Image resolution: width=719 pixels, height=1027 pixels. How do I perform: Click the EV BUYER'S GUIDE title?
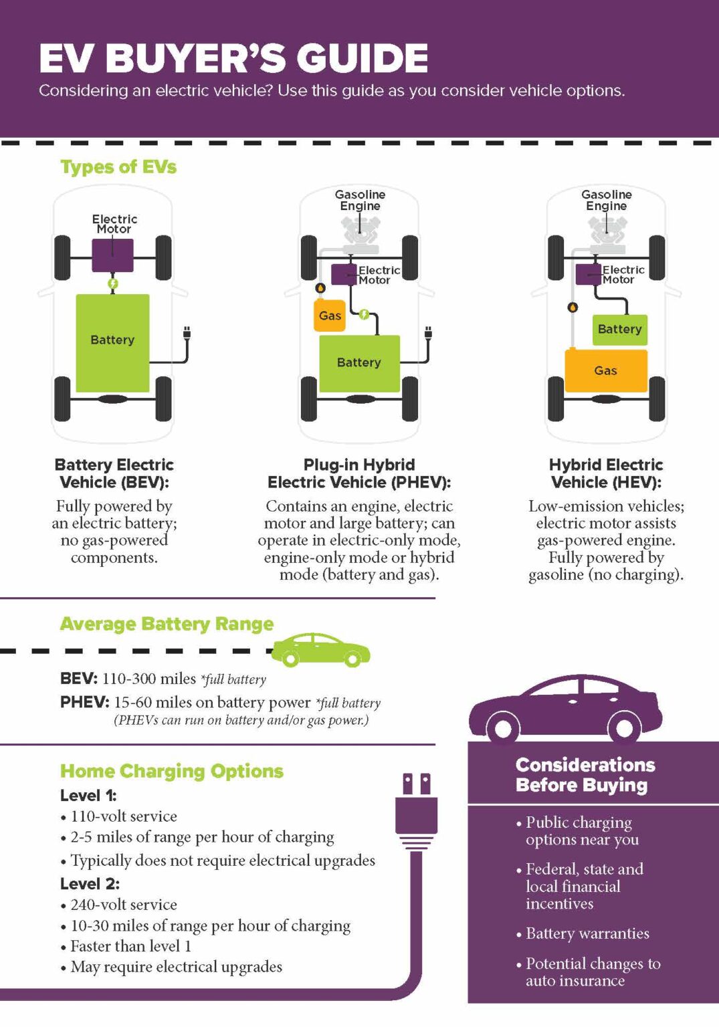pyautogui.click(x=233, y=58)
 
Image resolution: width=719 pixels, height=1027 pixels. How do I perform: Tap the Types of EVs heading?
pyautogui.click(x=118, y=166)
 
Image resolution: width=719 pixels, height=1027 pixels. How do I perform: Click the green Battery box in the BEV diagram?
pyautogui.click(x=112, y=342)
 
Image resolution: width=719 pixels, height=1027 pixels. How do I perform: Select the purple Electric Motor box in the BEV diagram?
pyautogui.click(x=112, y=255)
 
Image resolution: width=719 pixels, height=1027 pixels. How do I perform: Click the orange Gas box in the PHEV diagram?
pyautogui.click(x=330, y=316)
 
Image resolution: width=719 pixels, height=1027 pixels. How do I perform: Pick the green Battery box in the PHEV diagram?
pyautogui.click(x=359, y=363)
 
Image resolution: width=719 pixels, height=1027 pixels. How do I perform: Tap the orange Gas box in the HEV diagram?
pyautogui.click(x=606, y=370)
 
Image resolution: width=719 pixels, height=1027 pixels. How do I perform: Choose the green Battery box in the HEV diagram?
pyautogui.click(x=619, y=330)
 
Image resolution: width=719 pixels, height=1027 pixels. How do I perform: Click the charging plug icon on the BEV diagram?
pyautogui.click(x=187, y=333)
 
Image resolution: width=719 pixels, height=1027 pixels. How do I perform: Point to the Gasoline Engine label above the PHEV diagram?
pyautogui.click(x=360, y=200)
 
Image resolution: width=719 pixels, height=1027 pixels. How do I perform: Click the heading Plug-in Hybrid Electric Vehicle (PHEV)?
pyautogui.click(x=359, y=473)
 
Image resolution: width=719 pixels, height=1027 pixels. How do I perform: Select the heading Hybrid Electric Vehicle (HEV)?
pyautogui.click(x=606, y=473)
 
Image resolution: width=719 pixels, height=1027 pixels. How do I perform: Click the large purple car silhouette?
pyautogui.click(x=566, y=709)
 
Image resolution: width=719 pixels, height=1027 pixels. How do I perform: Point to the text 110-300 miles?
pyautogui.click(x=149, y=679)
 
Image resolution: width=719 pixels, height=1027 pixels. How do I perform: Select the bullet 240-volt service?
pyautogui.click(x=124, y=905)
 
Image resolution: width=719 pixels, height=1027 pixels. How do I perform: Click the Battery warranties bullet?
pyautogui.click(x=587, y=933)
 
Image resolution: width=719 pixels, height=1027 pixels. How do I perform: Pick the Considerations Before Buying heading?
pyautogui.click(x=585, y=775)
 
